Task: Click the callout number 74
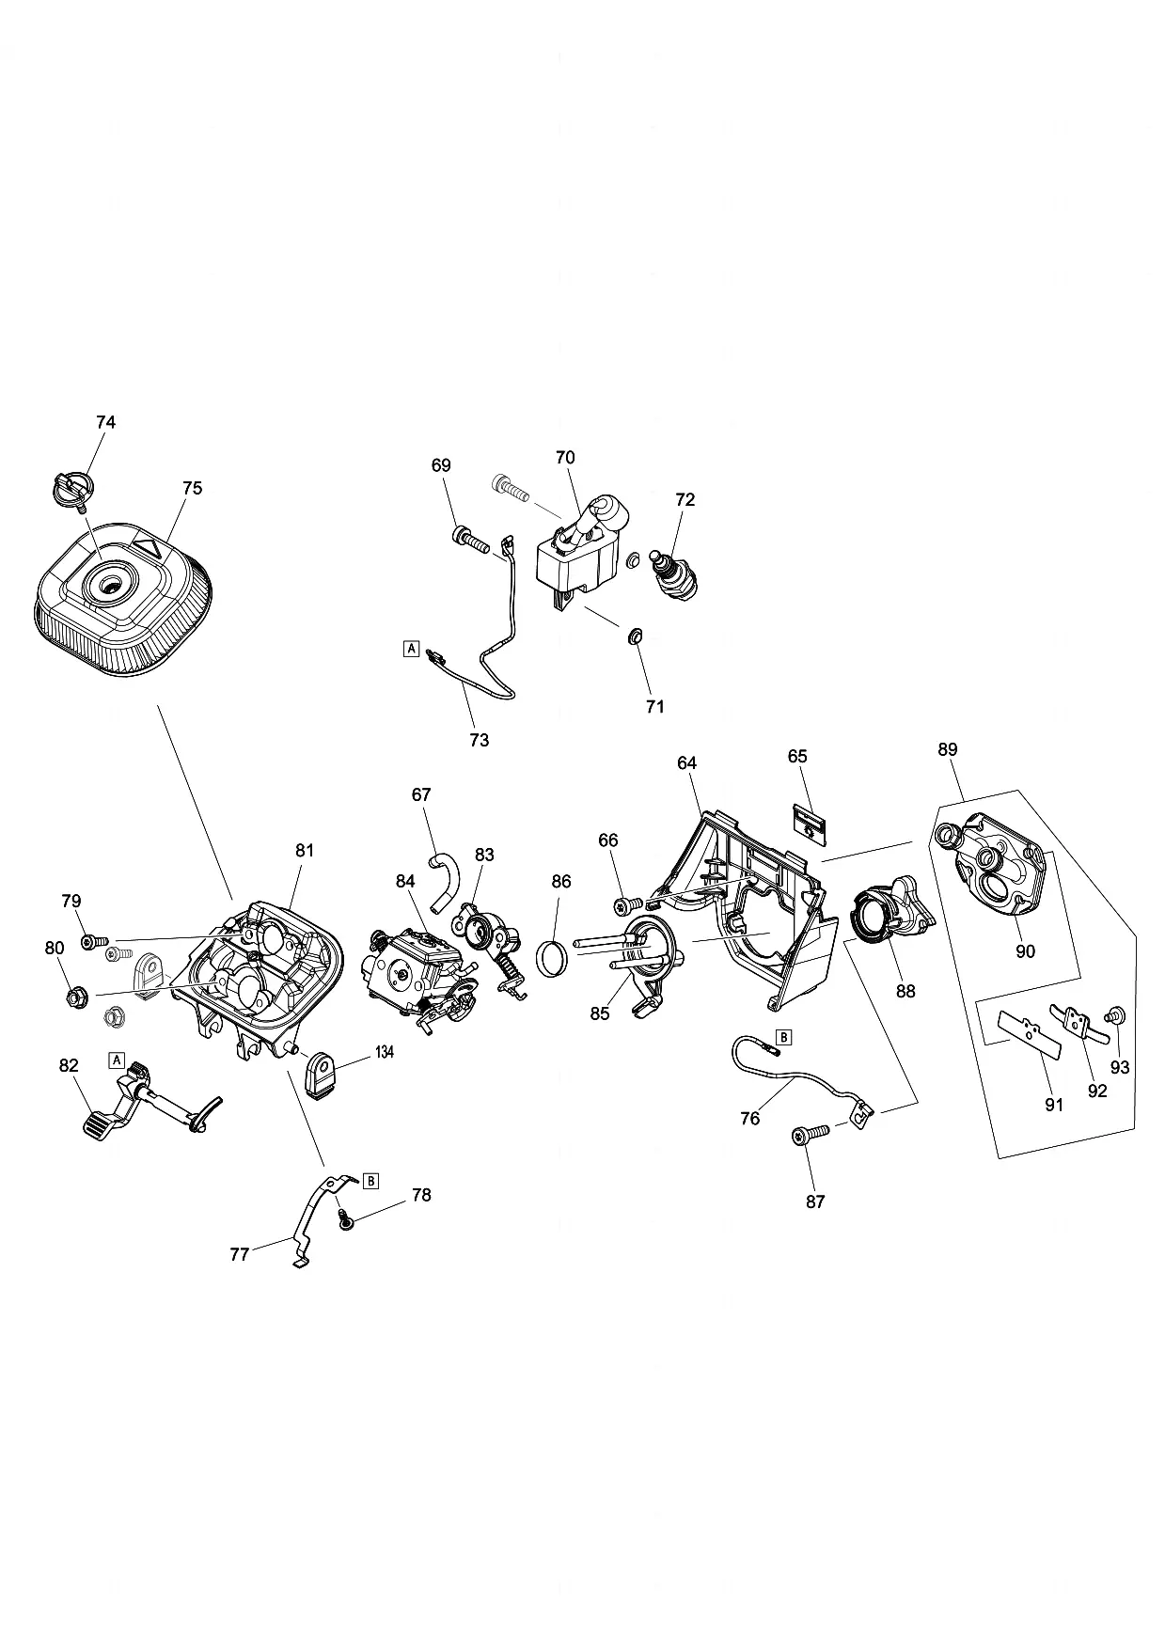pos(106,422)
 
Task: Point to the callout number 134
pos(384,1052)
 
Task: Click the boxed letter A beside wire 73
pos(410,648)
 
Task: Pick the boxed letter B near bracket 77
pos(370,1180)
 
